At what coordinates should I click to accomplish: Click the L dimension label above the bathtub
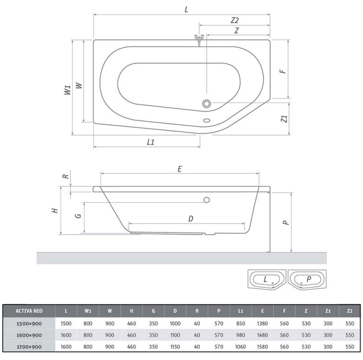pos(186,9)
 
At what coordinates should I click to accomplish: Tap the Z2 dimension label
pos(235,20)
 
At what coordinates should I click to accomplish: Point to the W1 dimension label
pos(67,90)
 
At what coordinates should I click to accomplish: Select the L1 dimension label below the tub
pos(151,142)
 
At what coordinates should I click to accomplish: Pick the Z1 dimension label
pos(284,119)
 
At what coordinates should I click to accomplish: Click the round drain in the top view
pos(206,103)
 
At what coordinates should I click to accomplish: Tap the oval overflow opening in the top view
pos(206,120)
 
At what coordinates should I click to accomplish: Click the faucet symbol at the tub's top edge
pos(199,40)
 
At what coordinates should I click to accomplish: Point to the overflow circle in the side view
pos(207,199)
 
